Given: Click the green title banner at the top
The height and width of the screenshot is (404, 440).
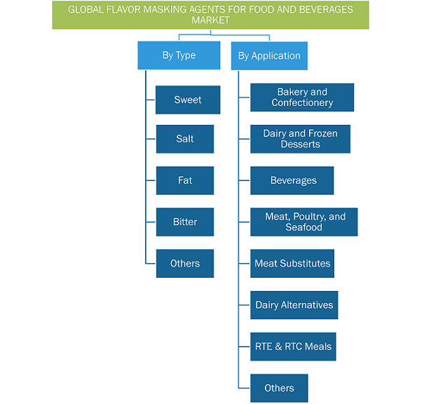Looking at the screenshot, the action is click(210, 15).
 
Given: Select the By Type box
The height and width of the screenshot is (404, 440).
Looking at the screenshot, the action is click(179, 55).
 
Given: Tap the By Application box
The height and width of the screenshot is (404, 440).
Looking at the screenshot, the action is click(269, 56).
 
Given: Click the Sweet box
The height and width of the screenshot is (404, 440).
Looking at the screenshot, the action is click(188, 100).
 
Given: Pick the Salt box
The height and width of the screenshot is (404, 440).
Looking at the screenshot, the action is click(185, 139).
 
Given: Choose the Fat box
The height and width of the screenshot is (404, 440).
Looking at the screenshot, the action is click(185, 180).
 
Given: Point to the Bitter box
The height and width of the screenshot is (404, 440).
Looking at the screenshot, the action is click(185, 222).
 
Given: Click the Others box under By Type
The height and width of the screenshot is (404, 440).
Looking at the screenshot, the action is click(185, 264).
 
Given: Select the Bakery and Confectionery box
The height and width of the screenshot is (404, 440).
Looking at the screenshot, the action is click(302, 97).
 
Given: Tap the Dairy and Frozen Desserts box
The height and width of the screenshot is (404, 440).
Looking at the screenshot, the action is click(301, 139).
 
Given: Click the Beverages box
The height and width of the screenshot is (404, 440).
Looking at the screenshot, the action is click(292, 180).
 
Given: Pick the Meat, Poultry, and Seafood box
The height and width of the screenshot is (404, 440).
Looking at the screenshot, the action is click(304, 222).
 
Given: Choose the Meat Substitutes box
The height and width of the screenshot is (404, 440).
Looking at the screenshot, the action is click(292, 264).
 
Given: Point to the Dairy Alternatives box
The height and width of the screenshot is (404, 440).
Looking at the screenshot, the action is click(294, 305).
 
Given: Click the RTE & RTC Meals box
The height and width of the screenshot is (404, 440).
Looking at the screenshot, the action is click(294, 346).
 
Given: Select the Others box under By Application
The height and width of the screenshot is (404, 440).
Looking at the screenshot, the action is click(280, 388).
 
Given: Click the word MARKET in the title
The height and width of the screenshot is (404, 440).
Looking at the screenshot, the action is click(210, 20).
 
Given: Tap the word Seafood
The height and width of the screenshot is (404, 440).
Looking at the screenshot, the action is click(304, 227).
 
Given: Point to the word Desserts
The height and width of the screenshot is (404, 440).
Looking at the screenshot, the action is click(301, 144).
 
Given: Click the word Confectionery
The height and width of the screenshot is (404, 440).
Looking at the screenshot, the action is click(302, 103).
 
